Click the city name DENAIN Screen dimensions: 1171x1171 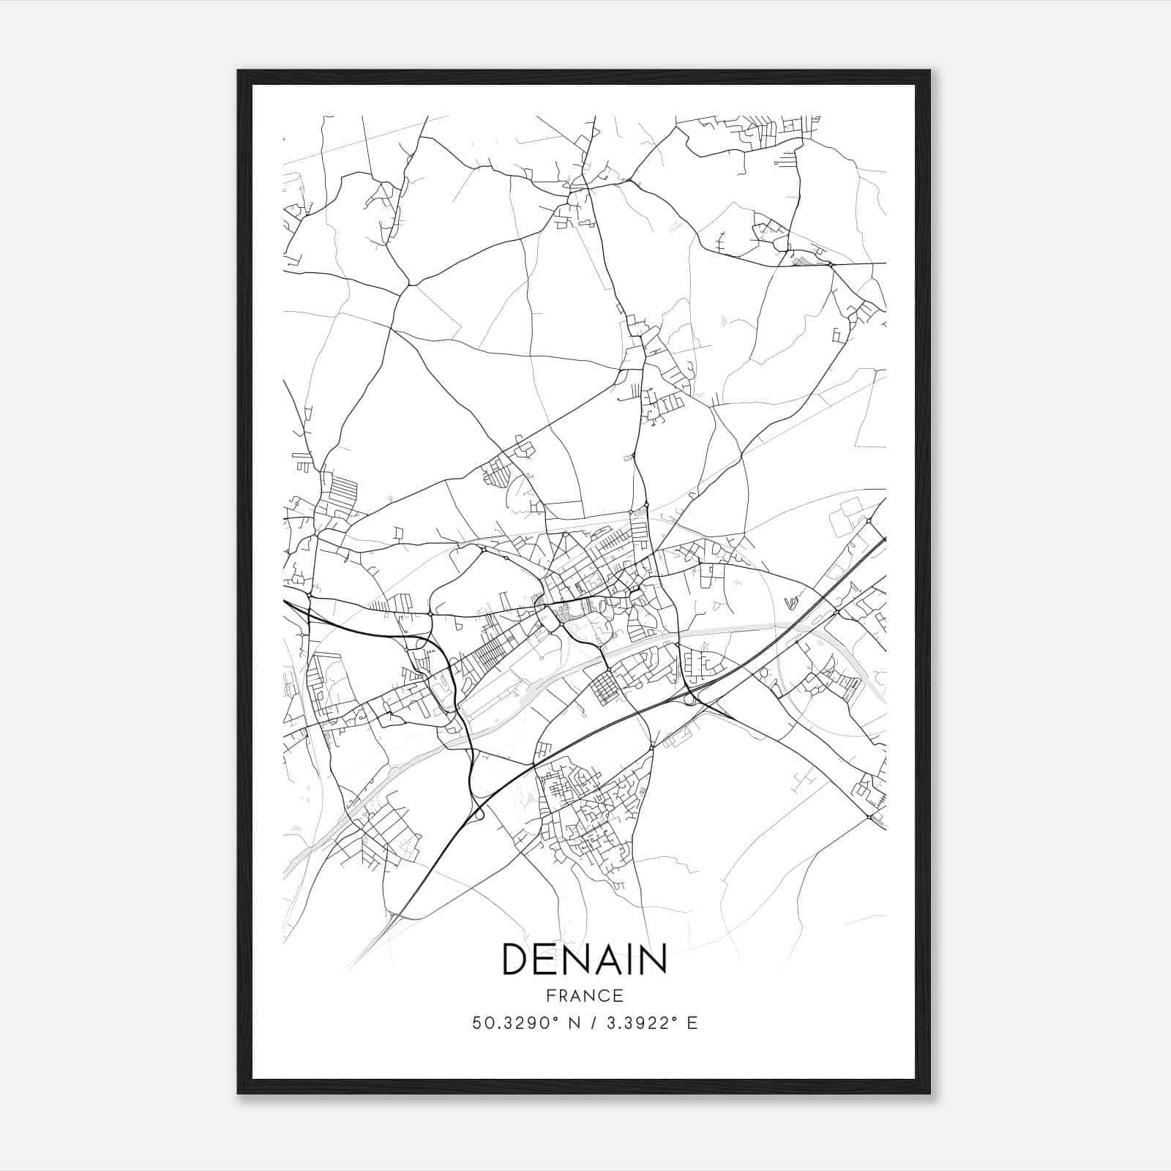[x=584, y=959]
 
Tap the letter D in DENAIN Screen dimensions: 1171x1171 [x=517, y=959]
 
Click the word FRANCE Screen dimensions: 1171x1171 [x=584, y=996]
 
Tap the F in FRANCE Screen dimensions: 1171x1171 [x=550, y=996]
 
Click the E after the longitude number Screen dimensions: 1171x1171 [x=692, y=1022]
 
